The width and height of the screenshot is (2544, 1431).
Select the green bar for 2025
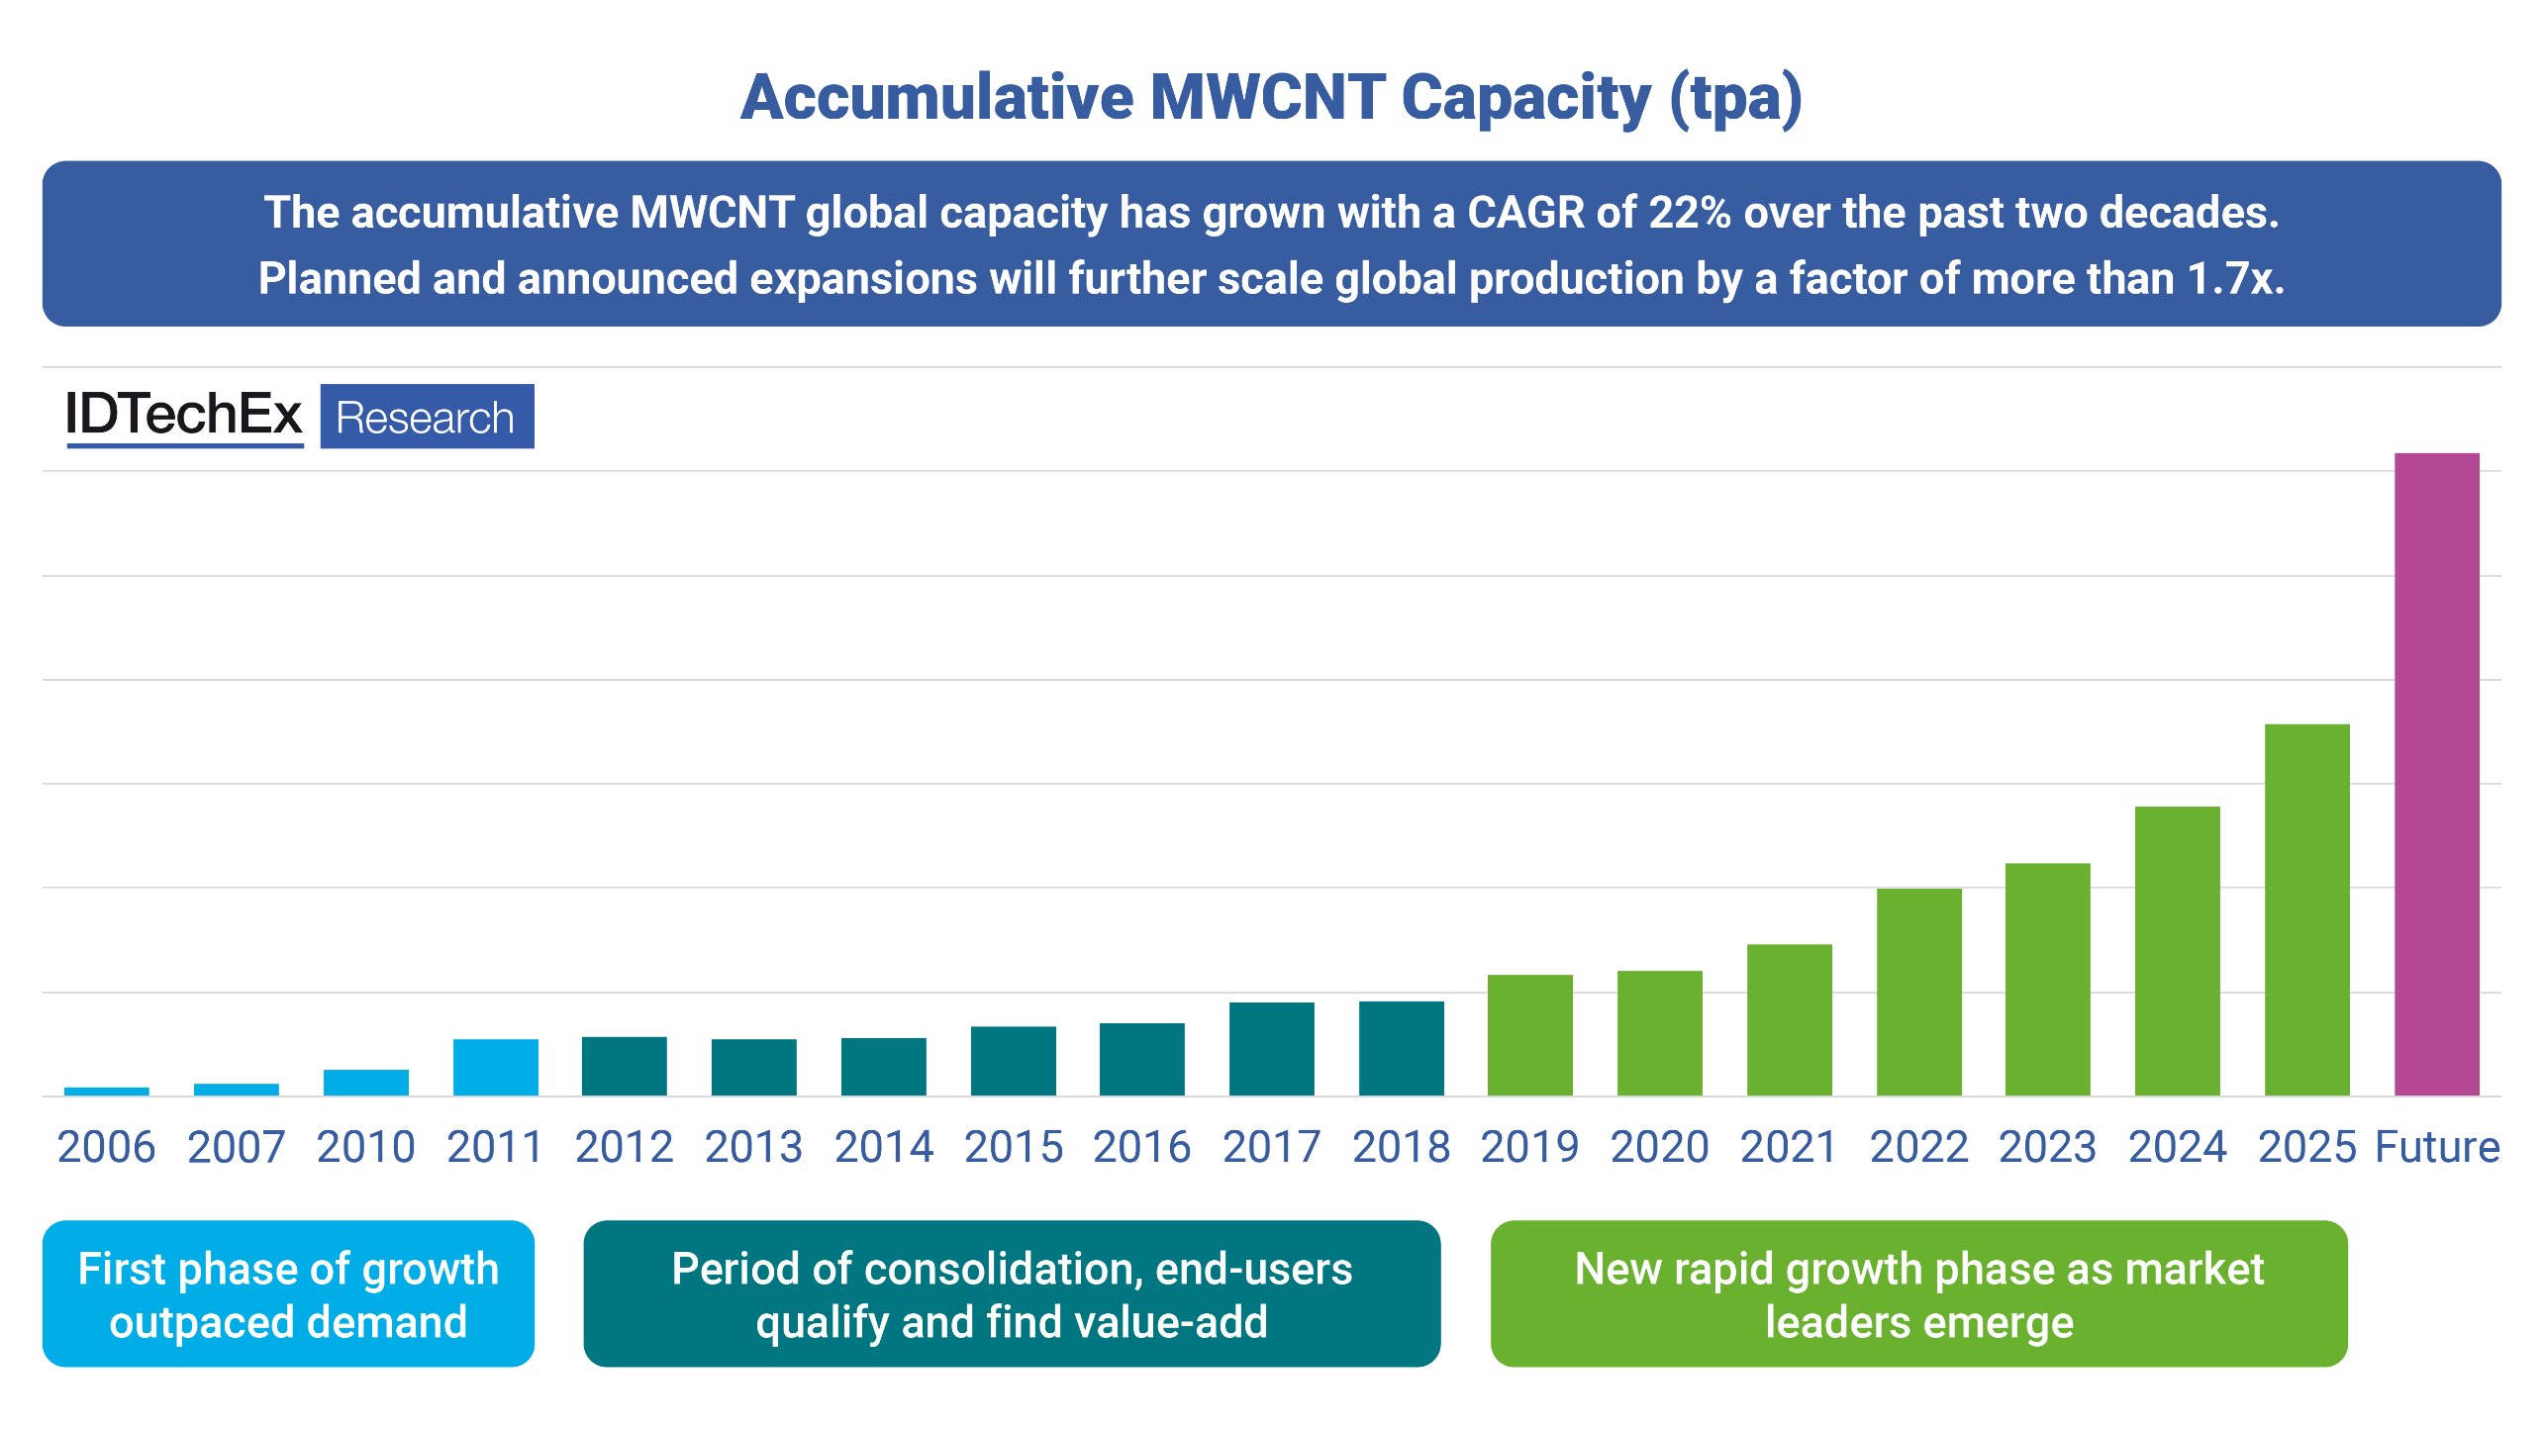pyautogui.click(x=2306, y=909)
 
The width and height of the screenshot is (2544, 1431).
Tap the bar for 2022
pyautogui.click(x=1918, y=992)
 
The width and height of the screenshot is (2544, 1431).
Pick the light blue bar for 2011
pyautogui.click(x=495, y=1067)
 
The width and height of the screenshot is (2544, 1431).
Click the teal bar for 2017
pyautogui.click(x=1271, y=1049)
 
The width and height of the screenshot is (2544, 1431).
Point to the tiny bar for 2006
pyautogui.click(x=106, y=1092)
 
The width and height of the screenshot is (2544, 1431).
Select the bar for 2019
pyautogui.click(x=1529, y=1035)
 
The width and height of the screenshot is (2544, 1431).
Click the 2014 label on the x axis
pyautogui.click(x=883, y=1147)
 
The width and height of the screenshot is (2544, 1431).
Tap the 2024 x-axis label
pyautogui.click(x=2177, y=1147)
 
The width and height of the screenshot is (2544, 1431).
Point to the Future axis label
pyautogui.click(x=2437, y=1147)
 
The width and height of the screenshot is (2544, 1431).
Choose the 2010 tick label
pyautogui.click(x=365, y=1147)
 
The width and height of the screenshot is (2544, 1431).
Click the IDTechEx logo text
pyautogui.click(x=183, y=415)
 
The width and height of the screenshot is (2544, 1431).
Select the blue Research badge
pyautogui.click(x=427, y=417)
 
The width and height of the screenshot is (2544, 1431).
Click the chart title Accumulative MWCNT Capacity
pyautogui.click(x=1271, y=97)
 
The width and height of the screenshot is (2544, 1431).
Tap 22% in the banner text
pyautogui.click(x=1689, y=212)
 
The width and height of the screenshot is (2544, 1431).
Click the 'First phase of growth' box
pyautogui.click(x=288, y=1293)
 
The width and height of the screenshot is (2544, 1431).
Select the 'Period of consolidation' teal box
pyautogui.click(x=1012, y=1293)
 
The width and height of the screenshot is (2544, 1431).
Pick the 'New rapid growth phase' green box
pyautogui.click(x=1918, y=1293)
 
